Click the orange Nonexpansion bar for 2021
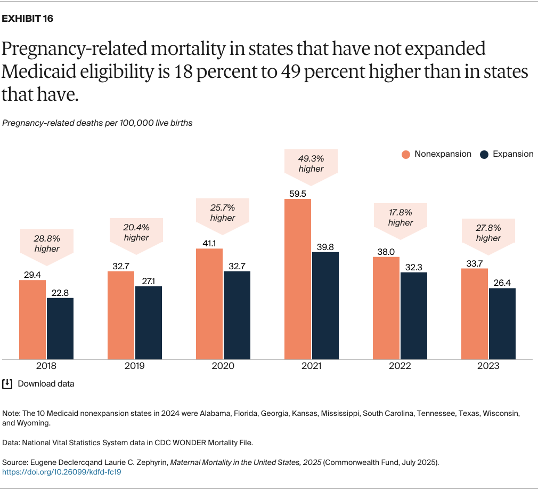click(298, 279)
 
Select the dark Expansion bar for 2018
click(60, 328)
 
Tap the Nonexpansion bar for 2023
click(475, 314)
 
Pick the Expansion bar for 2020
click(237, 315)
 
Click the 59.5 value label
click(298, 194)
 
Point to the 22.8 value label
click(60, 293)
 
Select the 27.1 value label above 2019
click(149, 282)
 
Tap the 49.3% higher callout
click(311, 164)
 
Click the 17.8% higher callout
click(401, 218)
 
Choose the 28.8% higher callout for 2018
click(47, 244)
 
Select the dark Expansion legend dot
click(484, 155)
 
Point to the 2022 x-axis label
click(400, 366)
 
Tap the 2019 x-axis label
click(135, 366)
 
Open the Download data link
click(46, 384)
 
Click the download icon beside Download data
click(7, 384)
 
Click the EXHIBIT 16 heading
click(28, 19)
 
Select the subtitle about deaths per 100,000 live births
click(97, 123)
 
